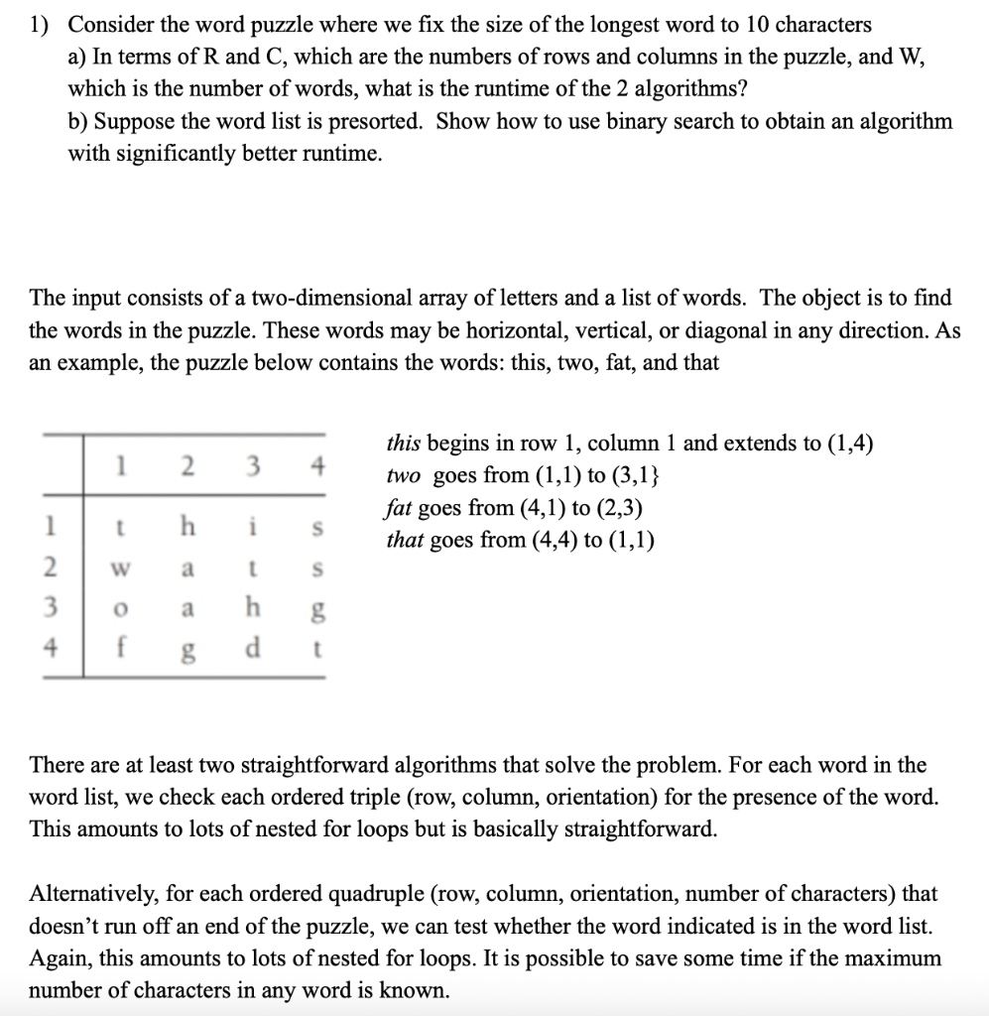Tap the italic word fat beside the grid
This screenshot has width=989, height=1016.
click(398, 508)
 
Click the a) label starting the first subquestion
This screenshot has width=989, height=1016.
click(77, 57)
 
